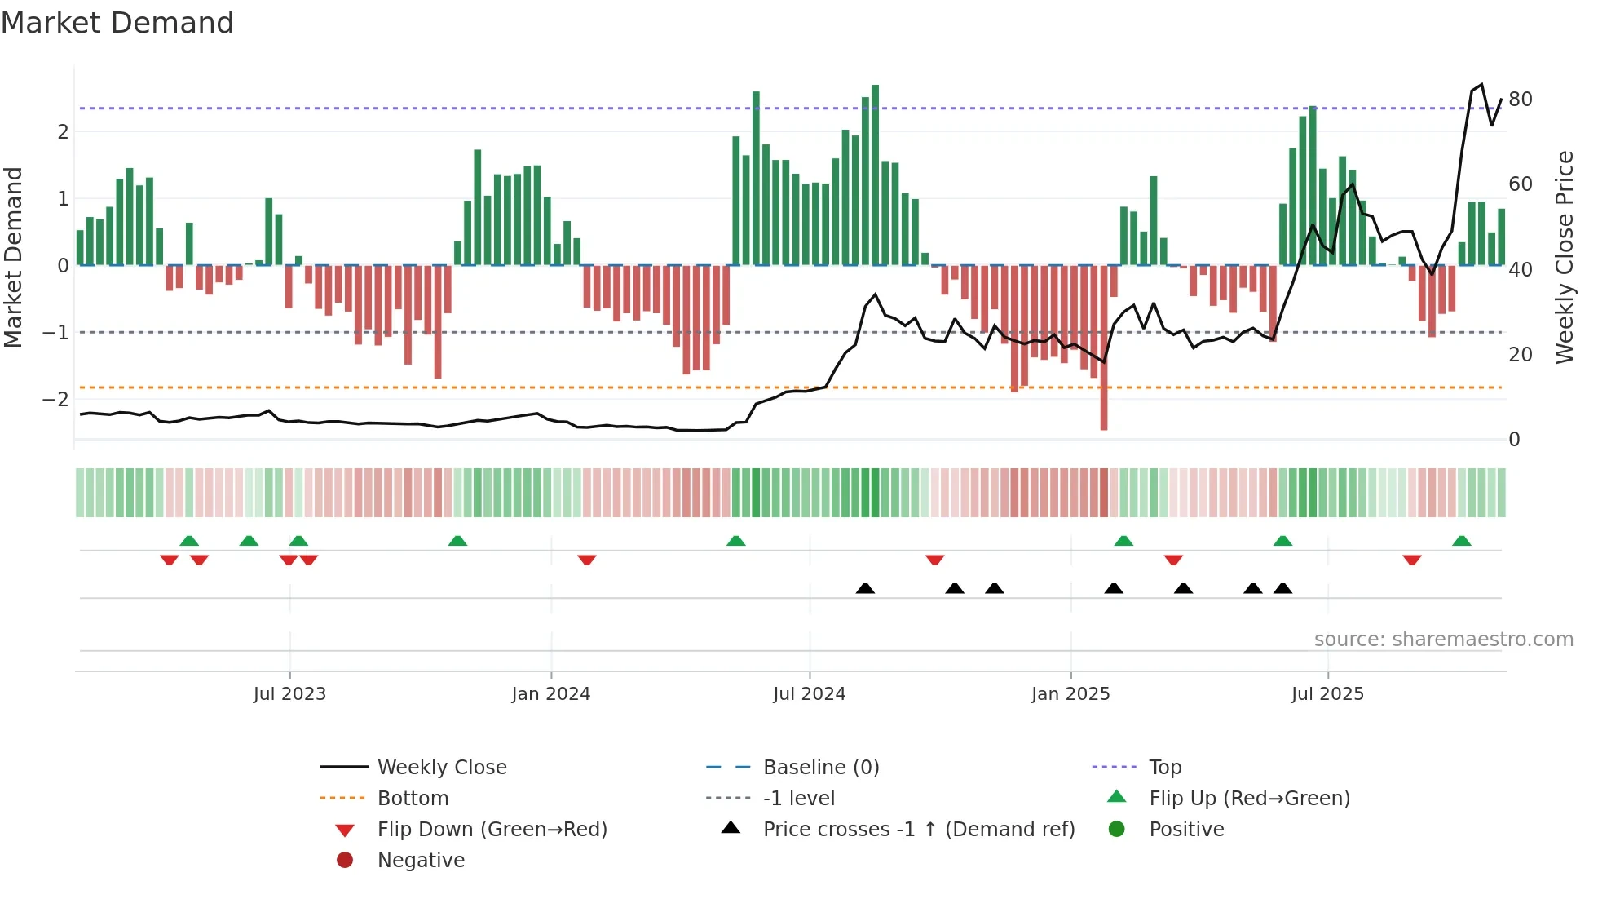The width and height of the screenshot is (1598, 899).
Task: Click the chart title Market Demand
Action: click(x=117, y=23)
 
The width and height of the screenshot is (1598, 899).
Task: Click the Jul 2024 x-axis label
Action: click(x=809, y=694)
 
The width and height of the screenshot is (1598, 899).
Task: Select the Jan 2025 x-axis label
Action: click(x=1070, y=694)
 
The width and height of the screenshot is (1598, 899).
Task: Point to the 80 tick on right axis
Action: click(x=1520, y=100)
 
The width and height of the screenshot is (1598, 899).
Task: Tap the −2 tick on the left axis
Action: click(x=55, y=400)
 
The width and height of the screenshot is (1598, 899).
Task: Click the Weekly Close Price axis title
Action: click(x=1564, y=257)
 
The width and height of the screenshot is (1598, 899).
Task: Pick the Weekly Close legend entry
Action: click(x=441, y=768)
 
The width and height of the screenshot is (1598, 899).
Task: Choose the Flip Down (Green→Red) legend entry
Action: click(x=492, y=830)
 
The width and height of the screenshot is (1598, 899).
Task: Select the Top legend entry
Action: click(x=1164, y=768)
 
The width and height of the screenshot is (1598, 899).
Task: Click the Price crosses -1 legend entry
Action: click(x=918, y=830)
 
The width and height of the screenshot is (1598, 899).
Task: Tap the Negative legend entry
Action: click(x=421, y=861)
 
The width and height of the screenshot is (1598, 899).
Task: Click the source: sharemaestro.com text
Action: click(x=1443, y=640)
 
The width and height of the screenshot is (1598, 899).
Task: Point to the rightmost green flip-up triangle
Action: click(x=1461, y=541)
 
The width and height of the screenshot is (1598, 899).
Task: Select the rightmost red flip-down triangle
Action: click(x=1412, y=560)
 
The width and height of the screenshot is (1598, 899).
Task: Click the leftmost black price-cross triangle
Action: click(x=865, y=588)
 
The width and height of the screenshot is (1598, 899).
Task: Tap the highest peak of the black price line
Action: click(x=1481, y=85)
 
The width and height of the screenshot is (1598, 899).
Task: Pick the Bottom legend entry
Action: click(x=413, y=799)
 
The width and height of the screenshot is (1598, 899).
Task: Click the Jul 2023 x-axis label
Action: click(x=289, y=694)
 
